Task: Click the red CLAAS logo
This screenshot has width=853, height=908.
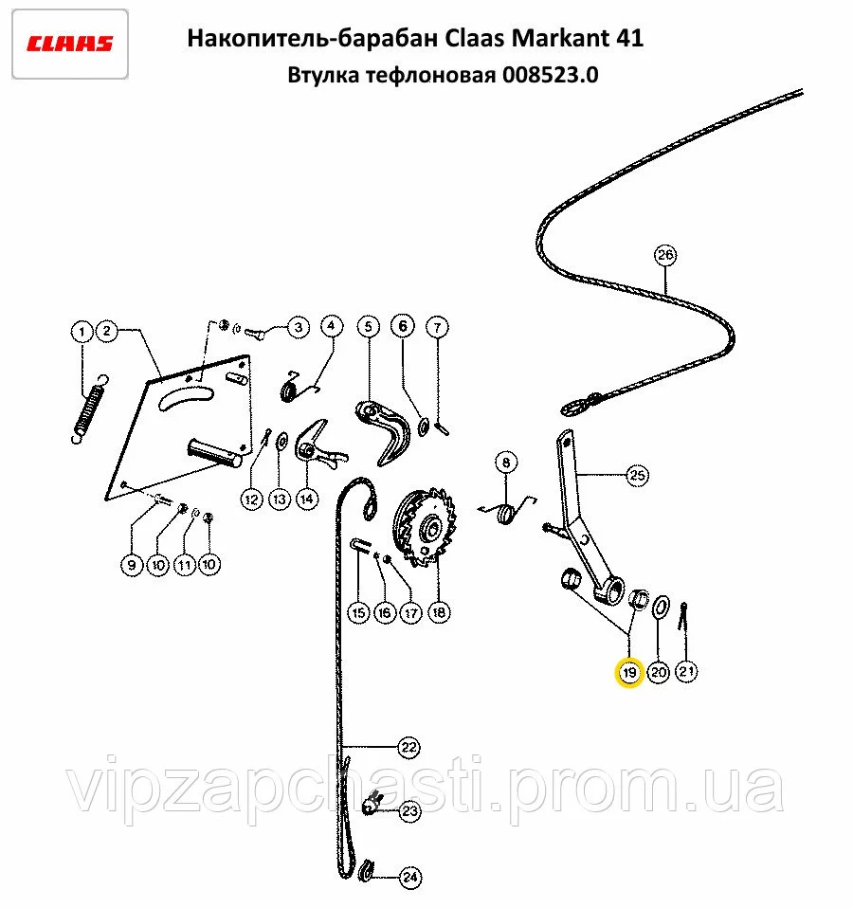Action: point(69,44)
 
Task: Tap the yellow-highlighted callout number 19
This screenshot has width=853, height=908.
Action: point(629,672)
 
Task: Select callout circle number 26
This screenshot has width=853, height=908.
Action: point(665,255)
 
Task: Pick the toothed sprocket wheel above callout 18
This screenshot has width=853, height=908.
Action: point(424,526)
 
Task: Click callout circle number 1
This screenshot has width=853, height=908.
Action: point(82,332)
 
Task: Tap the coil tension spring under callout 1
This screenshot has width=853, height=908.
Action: point(90,409)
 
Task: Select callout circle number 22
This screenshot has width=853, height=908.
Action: point(408,747)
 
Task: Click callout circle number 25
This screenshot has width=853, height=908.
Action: point(637,476)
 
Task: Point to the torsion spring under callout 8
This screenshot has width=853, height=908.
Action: point(507,511)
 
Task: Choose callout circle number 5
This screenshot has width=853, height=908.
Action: point(369,327)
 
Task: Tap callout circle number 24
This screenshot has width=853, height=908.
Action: point(410,878)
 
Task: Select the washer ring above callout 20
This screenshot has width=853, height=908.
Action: point(661,608)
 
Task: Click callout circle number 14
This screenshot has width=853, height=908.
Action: point(307,499)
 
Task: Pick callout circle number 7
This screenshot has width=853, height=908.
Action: point(438,327)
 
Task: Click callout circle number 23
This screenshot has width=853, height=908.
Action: point(410,810)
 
